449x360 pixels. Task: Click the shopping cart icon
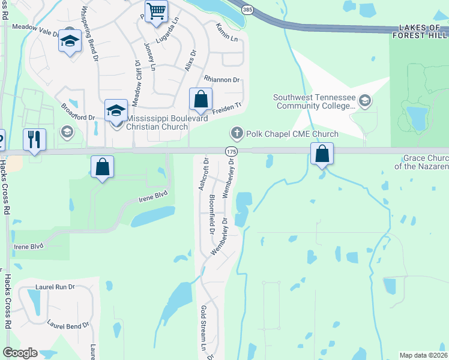tap(156, 11)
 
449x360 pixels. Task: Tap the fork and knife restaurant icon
tap(34, 139)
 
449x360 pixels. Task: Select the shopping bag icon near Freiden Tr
tap(200, 99)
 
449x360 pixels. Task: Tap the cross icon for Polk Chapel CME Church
tap(237, 133)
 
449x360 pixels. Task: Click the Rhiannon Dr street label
tap(221, 80)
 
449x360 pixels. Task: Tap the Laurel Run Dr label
tap(55, 287)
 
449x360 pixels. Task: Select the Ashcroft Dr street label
tap(203, 175)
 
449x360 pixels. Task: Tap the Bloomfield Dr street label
tap(211, 214)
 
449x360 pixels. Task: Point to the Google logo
tap(20, 353)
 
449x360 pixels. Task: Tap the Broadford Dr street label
tap(78, 112)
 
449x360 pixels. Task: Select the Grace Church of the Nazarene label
tap(426, 161)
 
